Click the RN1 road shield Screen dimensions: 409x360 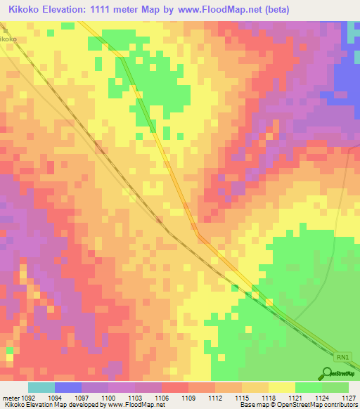tap(342, 357)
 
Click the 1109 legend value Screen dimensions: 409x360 tap(188, 398)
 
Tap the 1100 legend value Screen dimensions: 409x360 tap(108, 398)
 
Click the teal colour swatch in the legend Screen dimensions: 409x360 tap(41, 387)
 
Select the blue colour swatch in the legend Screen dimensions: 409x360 tap(68, 387)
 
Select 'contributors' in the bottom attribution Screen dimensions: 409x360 tap(342, 405)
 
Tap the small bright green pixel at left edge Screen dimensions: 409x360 tap(10, 349)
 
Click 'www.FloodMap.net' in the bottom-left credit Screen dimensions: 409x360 tap(137, 405)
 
